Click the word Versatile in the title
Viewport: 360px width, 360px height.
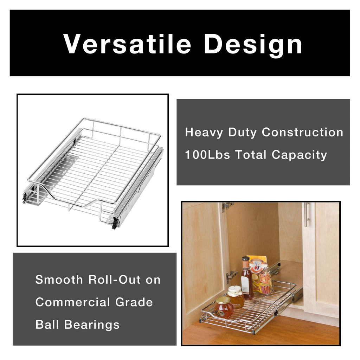coord(127,44)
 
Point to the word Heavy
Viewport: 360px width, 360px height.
coord(204,133)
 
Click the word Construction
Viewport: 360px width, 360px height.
coord(302,133)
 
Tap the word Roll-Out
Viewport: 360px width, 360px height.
coord(112,280)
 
